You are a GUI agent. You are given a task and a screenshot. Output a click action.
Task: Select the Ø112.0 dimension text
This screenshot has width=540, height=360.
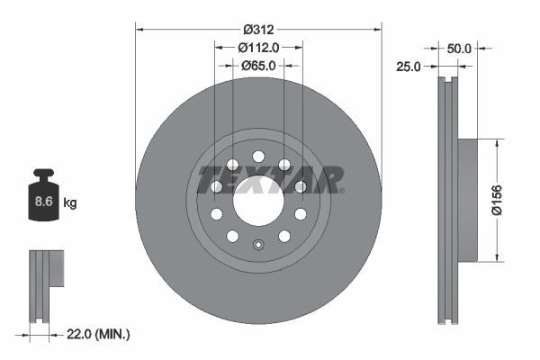pos(258,48)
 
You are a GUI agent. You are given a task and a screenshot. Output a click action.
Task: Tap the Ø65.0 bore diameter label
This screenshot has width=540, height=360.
pos(258,66)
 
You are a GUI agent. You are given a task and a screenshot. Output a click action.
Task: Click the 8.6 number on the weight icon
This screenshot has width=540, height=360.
pos(42,202)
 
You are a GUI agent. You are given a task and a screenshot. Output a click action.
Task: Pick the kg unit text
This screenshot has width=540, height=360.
pos(70,203)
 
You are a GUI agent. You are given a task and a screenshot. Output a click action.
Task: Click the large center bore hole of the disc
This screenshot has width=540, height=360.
pos(258,200)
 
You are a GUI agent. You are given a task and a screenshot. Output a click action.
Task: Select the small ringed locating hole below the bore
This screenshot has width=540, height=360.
pos(258,244)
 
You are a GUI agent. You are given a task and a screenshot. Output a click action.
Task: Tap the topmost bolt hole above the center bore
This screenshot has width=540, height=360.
pos(258,152)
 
